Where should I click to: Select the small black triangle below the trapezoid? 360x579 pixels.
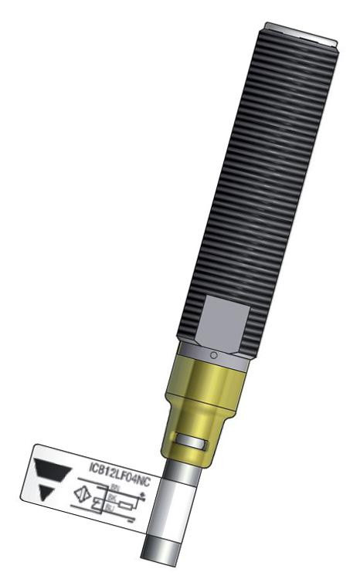(46, 492)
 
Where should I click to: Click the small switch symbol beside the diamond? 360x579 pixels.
(97, 504)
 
